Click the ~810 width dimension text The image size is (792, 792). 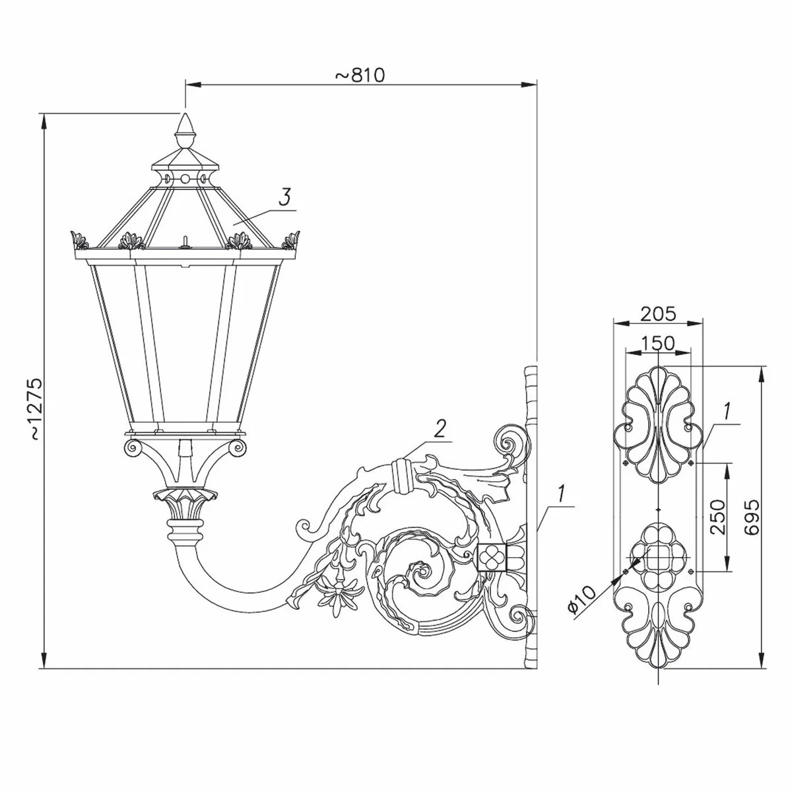(x=360, y=75)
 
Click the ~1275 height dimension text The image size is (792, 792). (x=35, y=409)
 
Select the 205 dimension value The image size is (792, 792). (x=657, y=313)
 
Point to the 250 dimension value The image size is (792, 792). (x=717, y=517)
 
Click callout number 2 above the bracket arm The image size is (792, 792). (x=440, y=429)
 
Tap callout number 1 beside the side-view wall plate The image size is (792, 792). (x=560, y=492)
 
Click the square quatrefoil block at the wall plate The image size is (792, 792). (x=491, y=557)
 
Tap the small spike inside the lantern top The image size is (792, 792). (x=185, y=240)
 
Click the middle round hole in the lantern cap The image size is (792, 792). (x=185, y=178)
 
